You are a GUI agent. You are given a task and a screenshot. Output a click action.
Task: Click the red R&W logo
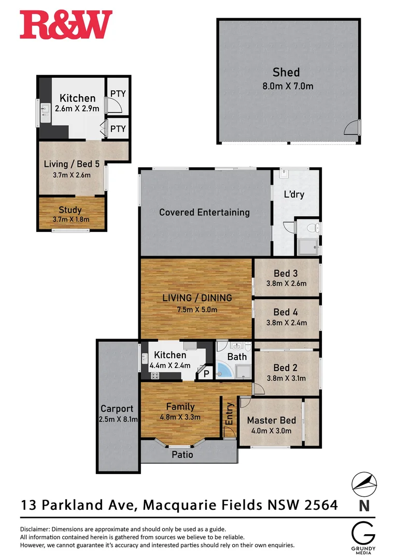[66, 25]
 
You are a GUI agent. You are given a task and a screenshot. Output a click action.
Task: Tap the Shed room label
[286, 72]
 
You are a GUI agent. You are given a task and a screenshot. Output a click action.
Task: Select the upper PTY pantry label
[118, 94]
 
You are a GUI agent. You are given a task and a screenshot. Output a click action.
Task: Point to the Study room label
[70, 210]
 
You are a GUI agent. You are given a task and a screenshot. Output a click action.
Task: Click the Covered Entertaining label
[204, 212]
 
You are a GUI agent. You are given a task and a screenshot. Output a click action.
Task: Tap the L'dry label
[294, 195]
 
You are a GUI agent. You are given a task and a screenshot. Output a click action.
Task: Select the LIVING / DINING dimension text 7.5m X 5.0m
[196, 310]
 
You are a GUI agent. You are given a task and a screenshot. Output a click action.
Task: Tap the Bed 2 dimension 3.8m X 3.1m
[286, 378]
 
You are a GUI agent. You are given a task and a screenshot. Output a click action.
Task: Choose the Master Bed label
[269, 420]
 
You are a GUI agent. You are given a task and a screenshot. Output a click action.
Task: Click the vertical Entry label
[230, 414]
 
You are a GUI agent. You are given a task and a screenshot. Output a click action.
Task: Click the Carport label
[117, 408]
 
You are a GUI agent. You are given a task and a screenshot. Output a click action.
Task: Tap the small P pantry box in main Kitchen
[206, 373]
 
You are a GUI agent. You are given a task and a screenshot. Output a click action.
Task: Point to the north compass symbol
[364, 484]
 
